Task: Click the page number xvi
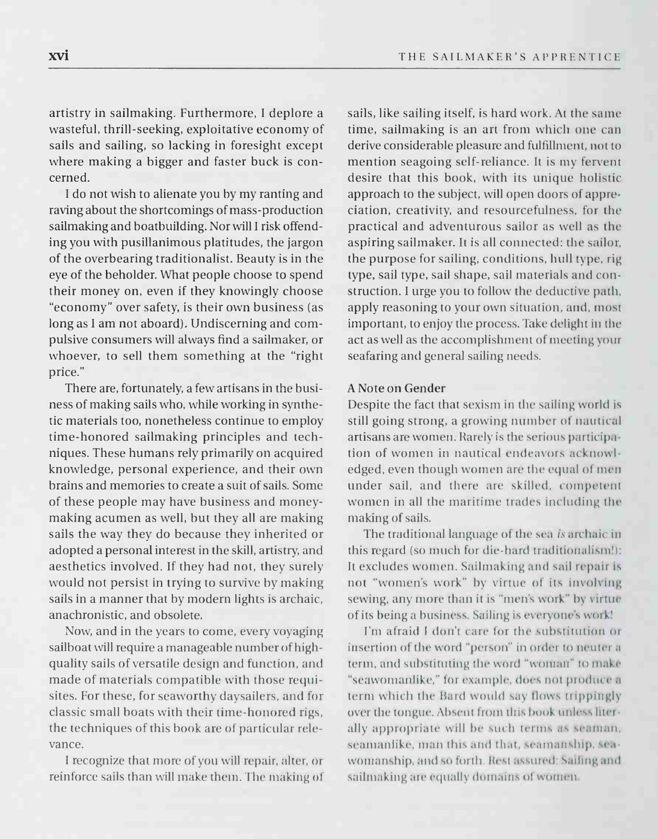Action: tap(59, 56)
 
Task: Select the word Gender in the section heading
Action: tap(424, 388)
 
